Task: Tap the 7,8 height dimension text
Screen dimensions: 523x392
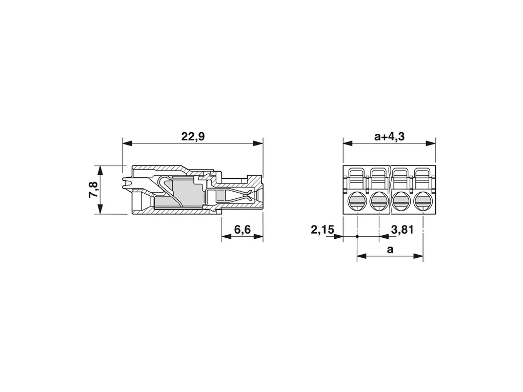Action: pos(93,190)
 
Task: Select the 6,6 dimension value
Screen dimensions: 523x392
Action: pos(243,230)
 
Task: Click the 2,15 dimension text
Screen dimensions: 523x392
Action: pos(323,230)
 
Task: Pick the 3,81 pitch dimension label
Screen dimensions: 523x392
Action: pos(403,230)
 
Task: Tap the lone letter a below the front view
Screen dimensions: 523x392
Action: pos(390,250)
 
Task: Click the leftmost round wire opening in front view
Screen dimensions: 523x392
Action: pos(357,201)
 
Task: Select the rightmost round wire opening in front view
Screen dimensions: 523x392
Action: pos(423,201)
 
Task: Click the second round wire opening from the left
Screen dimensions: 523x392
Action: pos(379,201)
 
